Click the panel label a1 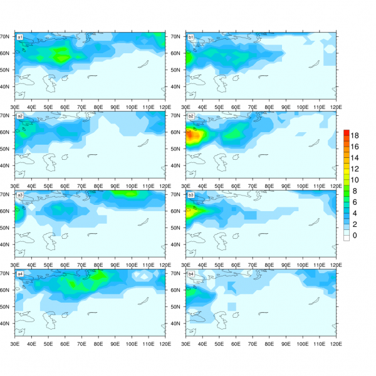point(20,37)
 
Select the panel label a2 point(20,116)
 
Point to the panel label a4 point(20,274)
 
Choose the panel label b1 point(191,37)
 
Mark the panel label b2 point(191,116)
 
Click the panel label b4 point(191,274)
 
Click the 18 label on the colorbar point(355,136)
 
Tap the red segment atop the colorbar point(345,132)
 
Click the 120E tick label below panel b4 point(336,343)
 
